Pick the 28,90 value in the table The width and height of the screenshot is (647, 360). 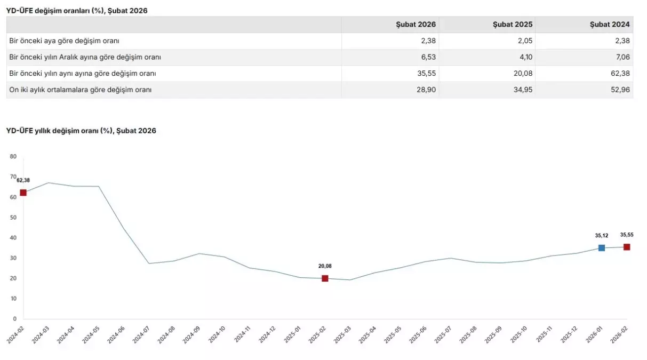click(426, 90)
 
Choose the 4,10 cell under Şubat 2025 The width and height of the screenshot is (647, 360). click(525, 57)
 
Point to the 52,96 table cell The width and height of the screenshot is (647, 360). click(620, 90)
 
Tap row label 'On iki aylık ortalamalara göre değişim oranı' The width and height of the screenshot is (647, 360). click(81, 90)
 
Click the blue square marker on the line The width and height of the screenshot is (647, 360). click(602, 247)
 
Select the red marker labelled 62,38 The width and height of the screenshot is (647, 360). click(23, 193)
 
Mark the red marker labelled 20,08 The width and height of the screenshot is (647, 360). click(325, 278)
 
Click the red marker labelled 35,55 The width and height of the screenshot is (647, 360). click(627, 247)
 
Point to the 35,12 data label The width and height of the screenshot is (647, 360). click(602, 235)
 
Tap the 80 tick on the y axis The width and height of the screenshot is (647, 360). click(13, 157)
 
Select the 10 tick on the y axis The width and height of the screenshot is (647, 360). click(13, 299)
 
